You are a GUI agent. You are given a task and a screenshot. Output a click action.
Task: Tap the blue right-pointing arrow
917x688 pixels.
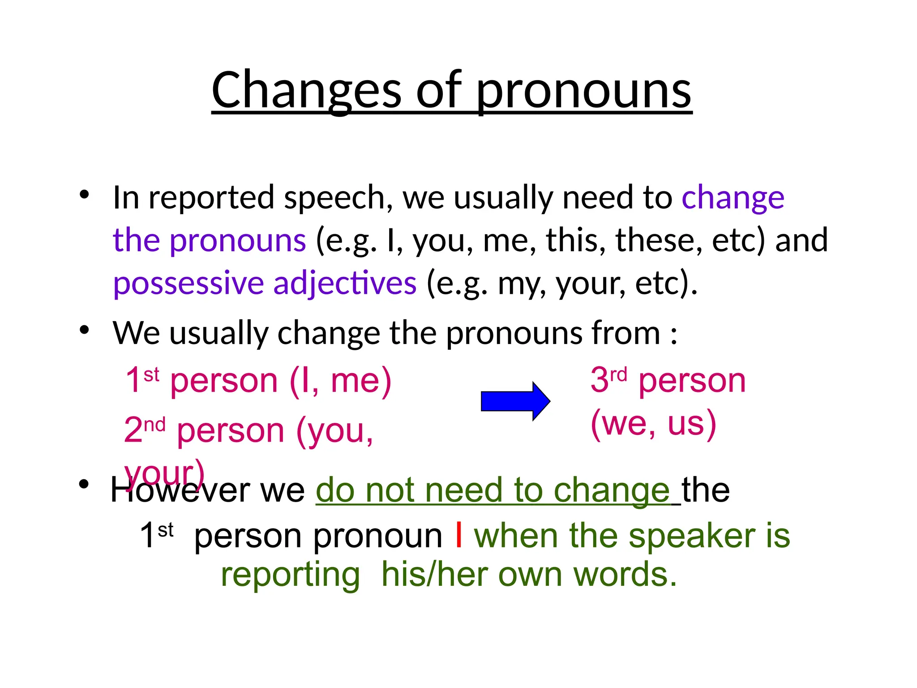515,401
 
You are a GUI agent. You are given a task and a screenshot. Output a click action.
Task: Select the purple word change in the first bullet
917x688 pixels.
733,198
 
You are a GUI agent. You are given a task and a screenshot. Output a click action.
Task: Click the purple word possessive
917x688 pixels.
188,284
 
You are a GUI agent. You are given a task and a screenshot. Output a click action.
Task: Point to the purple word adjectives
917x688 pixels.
345,284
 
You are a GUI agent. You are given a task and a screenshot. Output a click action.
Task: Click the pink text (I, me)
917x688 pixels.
340,381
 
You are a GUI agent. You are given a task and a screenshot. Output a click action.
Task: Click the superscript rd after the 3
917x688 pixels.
618,374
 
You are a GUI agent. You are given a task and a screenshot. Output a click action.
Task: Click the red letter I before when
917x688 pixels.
458,535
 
